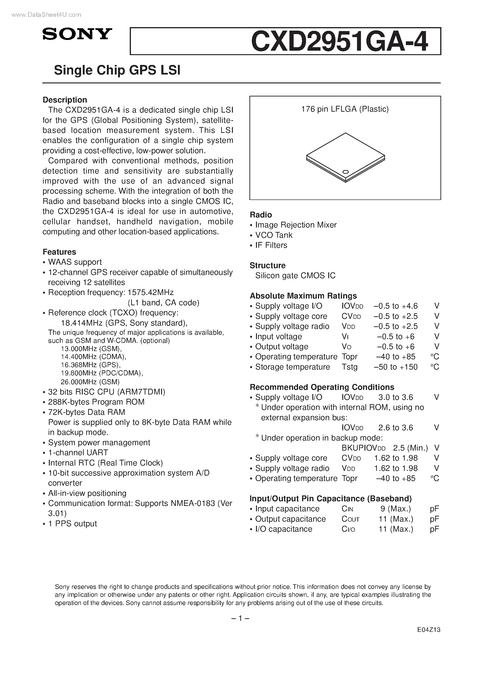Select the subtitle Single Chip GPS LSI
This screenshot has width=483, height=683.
coord(117,70)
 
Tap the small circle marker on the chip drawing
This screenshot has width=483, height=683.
coord(346,172)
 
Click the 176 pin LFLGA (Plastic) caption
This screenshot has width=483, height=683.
coord(345,109)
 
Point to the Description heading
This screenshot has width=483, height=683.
coord(65,100)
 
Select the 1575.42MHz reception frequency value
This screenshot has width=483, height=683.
coord(150,292)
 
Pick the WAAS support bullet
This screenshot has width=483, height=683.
coord(75,262)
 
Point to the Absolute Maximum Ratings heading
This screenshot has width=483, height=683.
coord(303,296)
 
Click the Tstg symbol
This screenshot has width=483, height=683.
coord(350,367)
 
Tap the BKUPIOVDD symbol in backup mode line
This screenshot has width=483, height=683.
coord(363,448)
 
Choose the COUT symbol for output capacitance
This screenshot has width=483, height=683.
coord(350,519)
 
